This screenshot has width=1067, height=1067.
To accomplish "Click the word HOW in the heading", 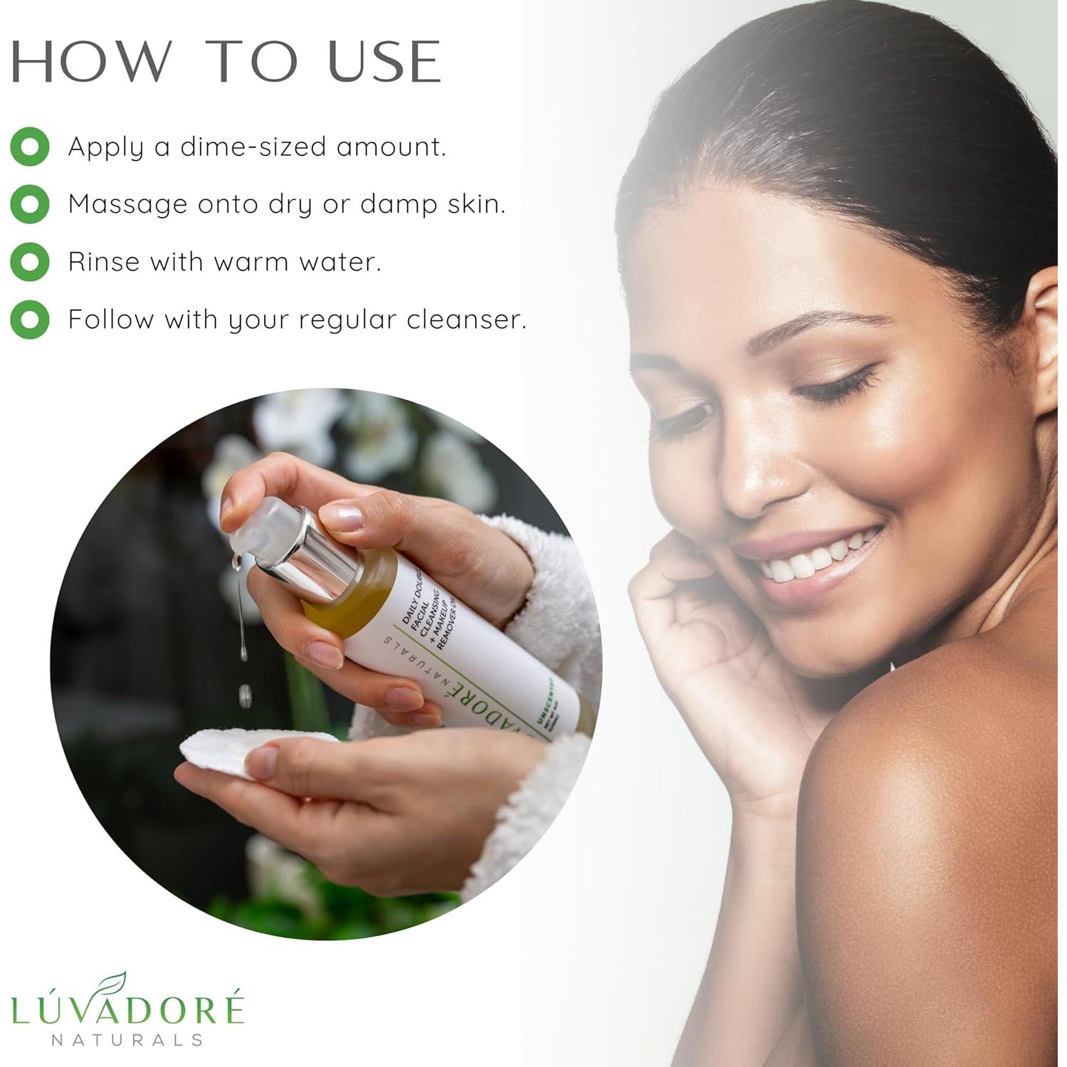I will click(91, 61).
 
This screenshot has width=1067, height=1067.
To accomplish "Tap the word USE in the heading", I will click(384, 61).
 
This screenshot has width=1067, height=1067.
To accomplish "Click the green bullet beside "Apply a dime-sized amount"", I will click(30, 147).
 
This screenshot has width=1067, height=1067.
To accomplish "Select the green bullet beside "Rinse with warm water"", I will click(30, 262).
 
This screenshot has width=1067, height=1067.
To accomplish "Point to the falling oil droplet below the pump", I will click(245, 695).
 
